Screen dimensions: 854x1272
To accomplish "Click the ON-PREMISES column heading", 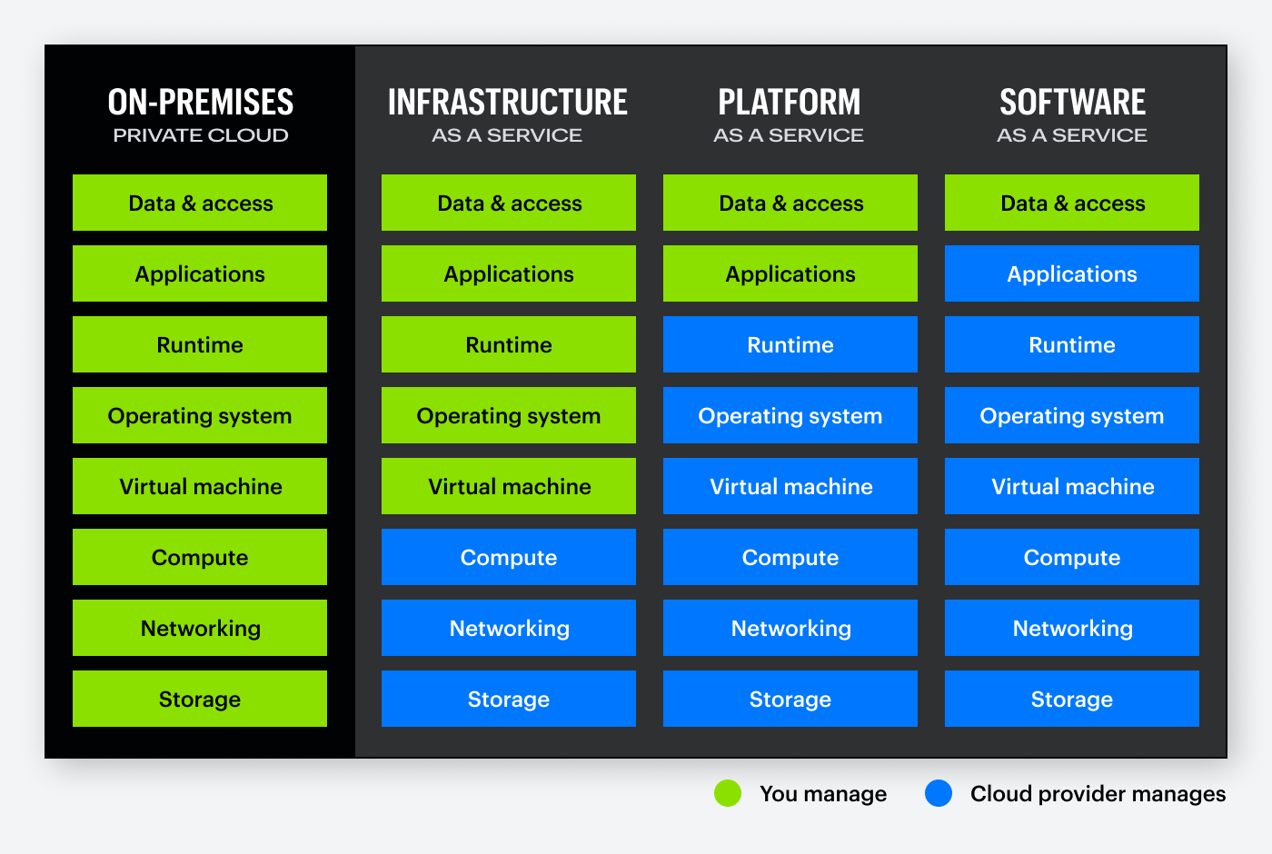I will click(x=200, y=103).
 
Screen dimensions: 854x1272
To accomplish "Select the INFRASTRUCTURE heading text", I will click(x=508, y=103).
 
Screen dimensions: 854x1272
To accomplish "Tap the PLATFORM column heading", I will click(x=790, y=103).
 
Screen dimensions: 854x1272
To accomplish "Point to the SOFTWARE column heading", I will click(x=1072, y=103).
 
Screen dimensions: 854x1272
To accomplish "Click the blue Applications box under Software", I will click(x=1072, y=273).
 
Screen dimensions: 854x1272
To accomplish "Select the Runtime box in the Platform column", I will click(x=790, y=344).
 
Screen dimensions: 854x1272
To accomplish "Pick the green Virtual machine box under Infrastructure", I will click(x=509, y=486).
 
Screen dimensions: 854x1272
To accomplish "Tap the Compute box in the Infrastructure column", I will click(x=509, y=557).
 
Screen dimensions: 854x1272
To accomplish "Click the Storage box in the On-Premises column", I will click(x=200, y=699).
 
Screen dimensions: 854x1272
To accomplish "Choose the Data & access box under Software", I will click(x=1072, y=203).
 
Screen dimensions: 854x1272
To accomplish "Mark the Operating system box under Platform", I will click(x=790, y=415).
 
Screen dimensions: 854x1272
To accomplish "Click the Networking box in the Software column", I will click(x=1072, y=628).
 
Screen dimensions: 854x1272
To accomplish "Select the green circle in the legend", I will click(x=728, y=793).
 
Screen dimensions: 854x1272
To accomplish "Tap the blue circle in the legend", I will click(x=939, y=793).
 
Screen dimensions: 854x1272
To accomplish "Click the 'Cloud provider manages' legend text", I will click(x=1098, y=794).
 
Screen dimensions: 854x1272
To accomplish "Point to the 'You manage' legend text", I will click(x=823, y=794).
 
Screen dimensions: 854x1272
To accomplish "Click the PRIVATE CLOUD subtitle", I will click(x=200, y=135).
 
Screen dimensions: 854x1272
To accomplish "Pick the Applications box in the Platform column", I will click(x=790, y=273).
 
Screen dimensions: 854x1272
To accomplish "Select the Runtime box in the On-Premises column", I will click(x=200, y=344).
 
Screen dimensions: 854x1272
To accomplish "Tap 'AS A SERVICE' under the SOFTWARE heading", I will click(x=1072, y=135).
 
